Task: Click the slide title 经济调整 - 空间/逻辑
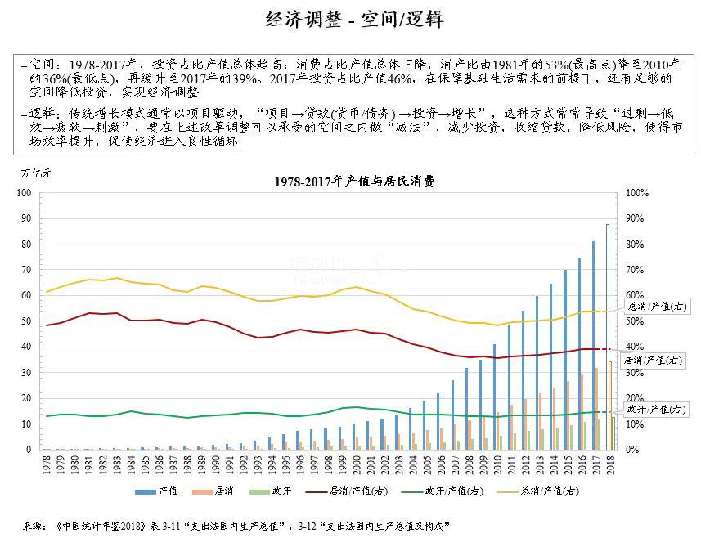355,20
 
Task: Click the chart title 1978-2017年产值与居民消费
354,182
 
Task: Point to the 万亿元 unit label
36,173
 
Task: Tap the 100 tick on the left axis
25,193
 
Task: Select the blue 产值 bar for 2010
495,397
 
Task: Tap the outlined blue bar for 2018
607,336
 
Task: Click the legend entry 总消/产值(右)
545,491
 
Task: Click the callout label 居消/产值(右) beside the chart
654,360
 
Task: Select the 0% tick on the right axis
631,450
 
